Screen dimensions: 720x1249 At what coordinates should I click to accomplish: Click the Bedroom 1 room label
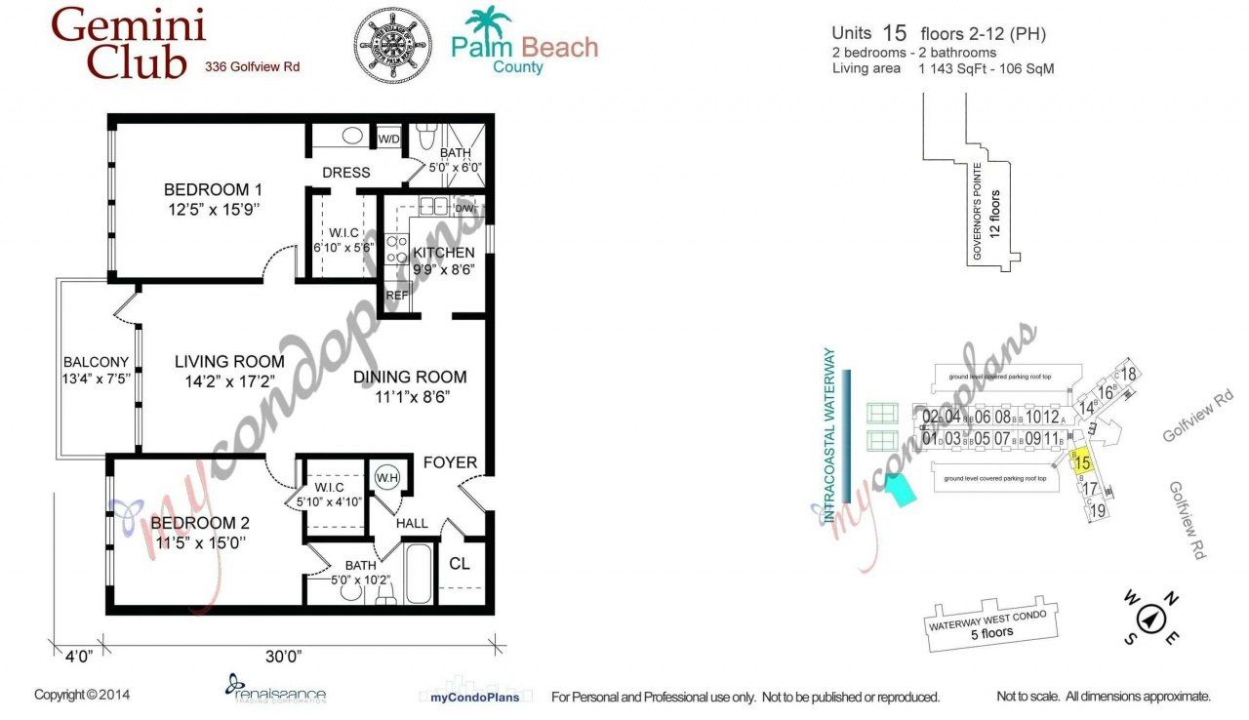[x=212, y=190]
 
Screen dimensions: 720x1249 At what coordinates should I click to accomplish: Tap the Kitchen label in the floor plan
[x=444, y=254]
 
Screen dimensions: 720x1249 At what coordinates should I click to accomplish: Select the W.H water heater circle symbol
[x=386, y=478]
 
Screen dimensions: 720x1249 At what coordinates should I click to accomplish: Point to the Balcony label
[x=96, y=362]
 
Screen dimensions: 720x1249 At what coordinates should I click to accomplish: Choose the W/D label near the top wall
[x=388, y=140]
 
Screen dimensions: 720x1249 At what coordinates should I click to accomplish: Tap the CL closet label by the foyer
[x=460, y=563]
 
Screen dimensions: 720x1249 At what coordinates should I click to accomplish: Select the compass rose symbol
[x=1151, y=618]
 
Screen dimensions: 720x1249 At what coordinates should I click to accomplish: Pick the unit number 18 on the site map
[x=1128, y=374]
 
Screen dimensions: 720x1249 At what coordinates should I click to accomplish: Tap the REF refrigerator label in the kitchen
[x=397, y=295]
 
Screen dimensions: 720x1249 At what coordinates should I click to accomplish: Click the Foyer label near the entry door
[x=450, y=462]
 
